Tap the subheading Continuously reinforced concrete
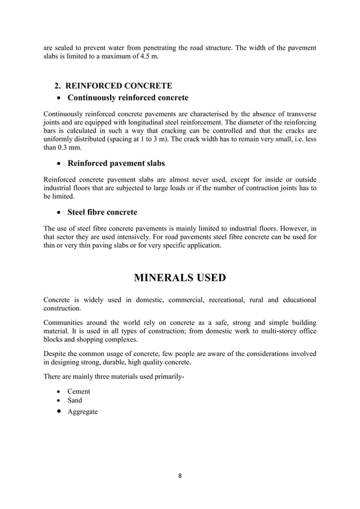pos(128,98)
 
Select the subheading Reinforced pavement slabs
pos(116,164)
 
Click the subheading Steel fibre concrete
pos(102,212)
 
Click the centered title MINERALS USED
pos(179,277)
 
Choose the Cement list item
pos(78,391)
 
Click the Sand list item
pos(74,401)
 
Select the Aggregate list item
pos(82,411)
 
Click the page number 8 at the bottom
pos(180,476)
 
